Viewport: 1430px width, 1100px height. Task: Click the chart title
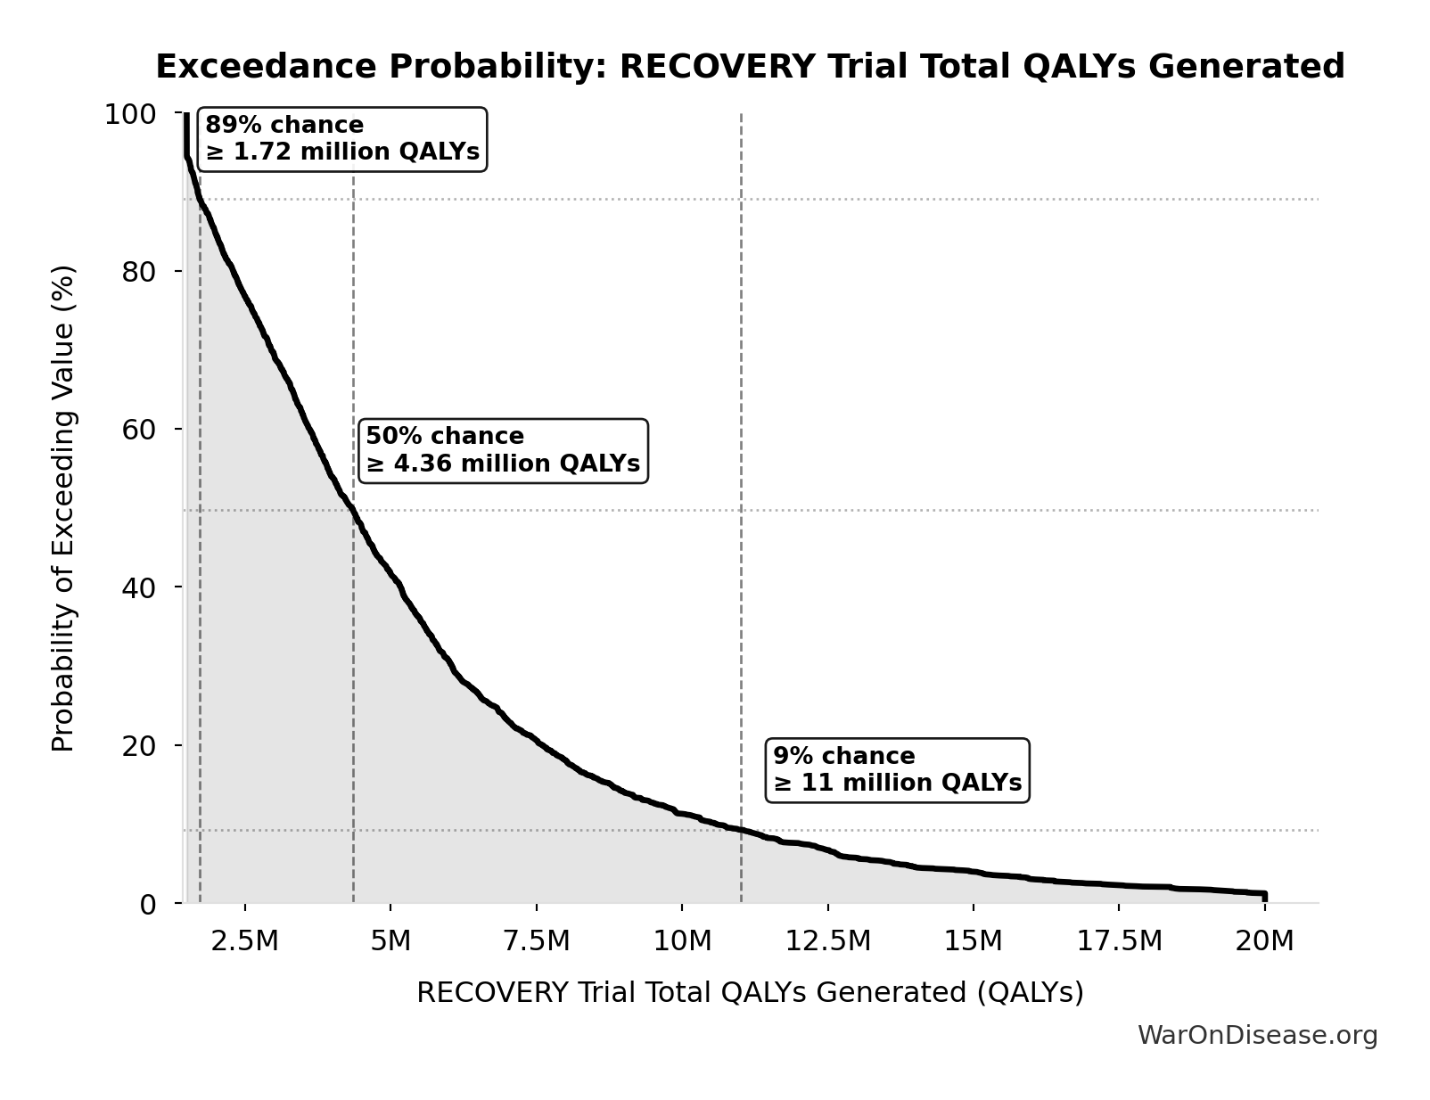pyautogui.click(x=750, y=67)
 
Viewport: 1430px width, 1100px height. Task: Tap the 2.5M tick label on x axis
pyautogui.click(x=244, y=941)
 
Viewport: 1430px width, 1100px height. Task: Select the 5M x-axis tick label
pyautogui.click(x=390, y=941)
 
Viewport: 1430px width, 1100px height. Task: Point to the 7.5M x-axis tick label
pyautogui.click(x=536, y=941)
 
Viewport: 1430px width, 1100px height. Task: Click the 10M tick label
pyautogui.click(x=682, y=941)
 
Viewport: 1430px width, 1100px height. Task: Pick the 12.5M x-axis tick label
pyautogui.click(x=827, y=941)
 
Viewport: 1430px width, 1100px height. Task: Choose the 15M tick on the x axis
pyautogui.click(x=974, y=941)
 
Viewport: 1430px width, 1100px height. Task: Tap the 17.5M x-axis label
pyautogui.click(x=1119, y=941)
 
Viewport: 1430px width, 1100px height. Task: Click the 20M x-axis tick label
pyautogui.click(x=1264, y=941)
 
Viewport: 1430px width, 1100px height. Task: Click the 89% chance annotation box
pyautogui.click(x=342, y=139)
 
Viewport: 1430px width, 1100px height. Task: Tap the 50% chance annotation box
pyautogui.click(x=503, y=451)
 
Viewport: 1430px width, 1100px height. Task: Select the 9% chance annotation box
pyautogui.click(x=897, y=770)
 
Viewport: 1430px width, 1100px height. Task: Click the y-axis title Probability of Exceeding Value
pyautogui.click(x=63, y=508)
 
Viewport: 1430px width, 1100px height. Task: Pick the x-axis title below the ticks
pyautogui.click(x=750, y=993)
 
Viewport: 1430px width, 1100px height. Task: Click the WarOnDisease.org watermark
pyautogui.click(x=1257, y=1036)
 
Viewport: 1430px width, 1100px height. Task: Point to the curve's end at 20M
pyautogui.click(x=1264, y=894)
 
